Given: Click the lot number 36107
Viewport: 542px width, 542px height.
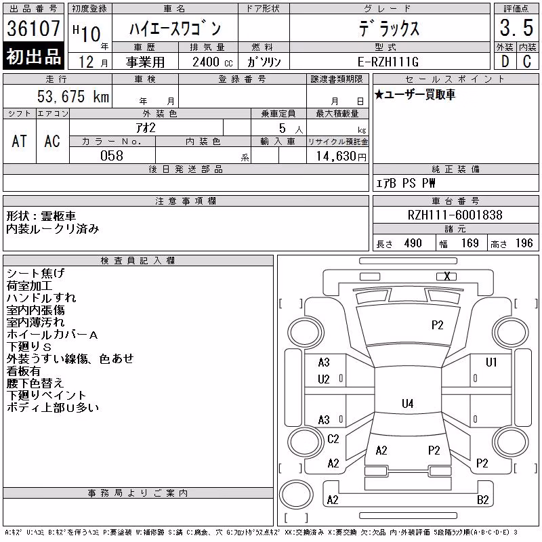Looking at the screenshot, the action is (33, 28).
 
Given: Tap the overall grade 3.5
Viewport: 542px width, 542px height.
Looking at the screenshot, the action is (516, 28).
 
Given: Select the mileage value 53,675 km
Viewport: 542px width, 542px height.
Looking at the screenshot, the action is (73, 96).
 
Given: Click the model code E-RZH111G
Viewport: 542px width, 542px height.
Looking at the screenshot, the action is (388, 62).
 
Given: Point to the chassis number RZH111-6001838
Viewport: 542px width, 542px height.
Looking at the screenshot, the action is (455, 215).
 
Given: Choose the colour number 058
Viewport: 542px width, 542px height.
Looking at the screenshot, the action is (112, 156).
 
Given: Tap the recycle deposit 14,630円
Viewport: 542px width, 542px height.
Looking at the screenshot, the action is (341, 157).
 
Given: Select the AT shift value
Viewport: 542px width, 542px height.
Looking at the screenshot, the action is (20, 141).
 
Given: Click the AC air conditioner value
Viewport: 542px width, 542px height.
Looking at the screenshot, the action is (52, 141).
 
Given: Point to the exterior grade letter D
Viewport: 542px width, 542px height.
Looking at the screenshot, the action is (505, 62).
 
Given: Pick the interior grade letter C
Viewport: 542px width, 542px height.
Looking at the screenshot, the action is (527, 62).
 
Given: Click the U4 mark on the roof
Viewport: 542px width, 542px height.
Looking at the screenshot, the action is (408, 403).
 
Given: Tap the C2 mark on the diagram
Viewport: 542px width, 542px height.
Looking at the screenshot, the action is (333, 439).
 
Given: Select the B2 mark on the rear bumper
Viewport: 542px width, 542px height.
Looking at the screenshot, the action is (482, 500).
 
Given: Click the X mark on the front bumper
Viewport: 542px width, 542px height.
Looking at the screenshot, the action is (447, 276).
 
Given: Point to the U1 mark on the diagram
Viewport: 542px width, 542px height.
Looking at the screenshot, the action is (491, 362).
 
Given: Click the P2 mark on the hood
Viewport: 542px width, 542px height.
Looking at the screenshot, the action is (437, 325).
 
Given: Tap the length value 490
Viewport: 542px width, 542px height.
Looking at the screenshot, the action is (413, 243).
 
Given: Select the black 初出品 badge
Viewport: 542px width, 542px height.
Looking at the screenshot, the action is (33, 56).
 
